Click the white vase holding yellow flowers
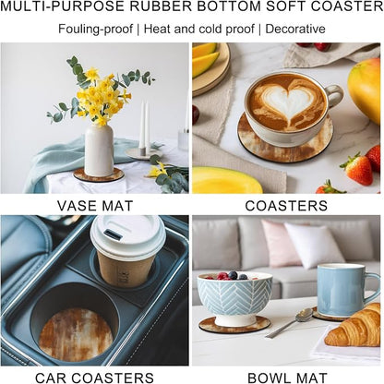pos(99,150)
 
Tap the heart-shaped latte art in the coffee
pos(285,101)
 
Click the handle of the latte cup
pos(334,95)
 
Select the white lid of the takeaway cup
pos(127,236)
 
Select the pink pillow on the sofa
pos(280,243)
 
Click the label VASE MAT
pos(95,206)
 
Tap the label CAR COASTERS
pos(94,378)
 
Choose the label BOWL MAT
pos(287,378)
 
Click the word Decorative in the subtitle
pos(295,29)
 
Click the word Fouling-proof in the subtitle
pos(95,30)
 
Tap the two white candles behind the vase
pos(144,126)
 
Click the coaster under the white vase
pos(99,175)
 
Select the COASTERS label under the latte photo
pos(286,206)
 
